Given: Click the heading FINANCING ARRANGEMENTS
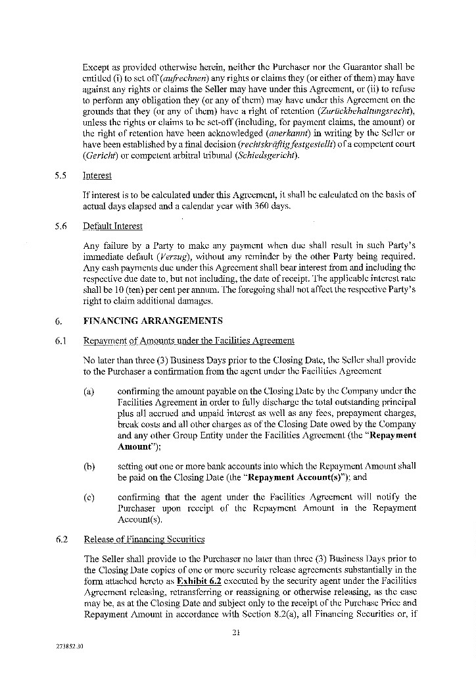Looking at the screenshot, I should click(x=153, y=321).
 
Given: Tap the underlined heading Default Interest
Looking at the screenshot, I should click(x=112, y=226).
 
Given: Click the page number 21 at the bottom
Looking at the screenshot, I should click(x=237, y=633).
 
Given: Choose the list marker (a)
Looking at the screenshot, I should click(x=89, y=392).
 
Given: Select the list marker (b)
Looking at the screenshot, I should click(x=89, y=466).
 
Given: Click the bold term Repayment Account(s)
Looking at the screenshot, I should click(x=297, y=477).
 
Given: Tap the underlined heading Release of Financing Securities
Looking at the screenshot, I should click(x=144, y=539).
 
